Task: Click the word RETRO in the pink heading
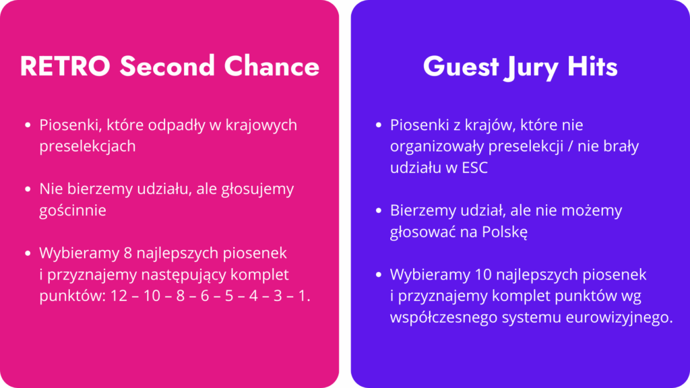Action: click(x=65, y=67)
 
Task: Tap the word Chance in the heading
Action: click(x=272, y=67)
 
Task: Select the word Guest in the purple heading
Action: click(x=461, y=67)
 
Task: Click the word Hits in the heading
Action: click(x=592, y=67)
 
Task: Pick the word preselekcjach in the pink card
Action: click(x=87, y=146)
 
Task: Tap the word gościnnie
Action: click(x=73, y=210)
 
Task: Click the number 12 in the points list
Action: click(x=119, y=296)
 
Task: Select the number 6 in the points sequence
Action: click(x=205, y=296)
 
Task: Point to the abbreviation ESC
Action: click(x=475, y=168)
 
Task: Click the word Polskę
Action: click(x=504, y=232)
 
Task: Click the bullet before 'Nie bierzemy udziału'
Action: click(x=28, y=189)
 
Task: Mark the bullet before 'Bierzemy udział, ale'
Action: click(x=379, y=211)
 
